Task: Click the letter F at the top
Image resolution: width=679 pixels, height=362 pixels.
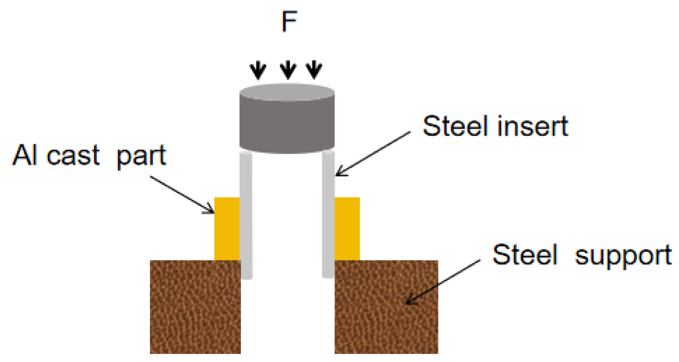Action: [x=289, y=21]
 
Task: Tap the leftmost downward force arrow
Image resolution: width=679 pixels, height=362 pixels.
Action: [x=258, y=70]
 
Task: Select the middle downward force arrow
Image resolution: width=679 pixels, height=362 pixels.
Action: [x=288, y=70]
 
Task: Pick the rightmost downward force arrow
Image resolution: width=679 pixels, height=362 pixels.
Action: [x=314, y=70]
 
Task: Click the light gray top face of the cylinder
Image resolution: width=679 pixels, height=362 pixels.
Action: [x=287, y=92]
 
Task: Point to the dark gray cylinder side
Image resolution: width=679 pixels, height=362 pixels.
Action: [x=287, y=125]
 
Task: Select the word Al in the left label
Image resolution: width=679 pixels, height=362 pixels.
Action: [x=25, y=155]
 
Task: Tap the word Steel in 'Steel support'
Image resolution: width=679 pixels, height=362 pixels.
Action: [x=525, y=255]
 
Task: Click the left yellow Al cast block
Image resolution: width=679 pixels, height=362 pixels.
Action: [x=227, y=229]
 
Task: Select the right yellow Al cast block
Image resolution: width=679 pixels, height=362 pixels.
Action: [x=347, y=229]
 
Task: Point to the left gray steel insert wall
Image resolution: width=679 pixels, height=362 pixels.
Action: [x=246, y=214]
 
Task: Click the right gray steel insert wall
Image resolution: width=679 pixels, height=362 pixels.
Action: [x=328, y=214]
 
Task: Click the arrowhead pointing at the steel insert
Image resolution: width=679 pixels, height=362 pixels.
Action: [x=339, y=173]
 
